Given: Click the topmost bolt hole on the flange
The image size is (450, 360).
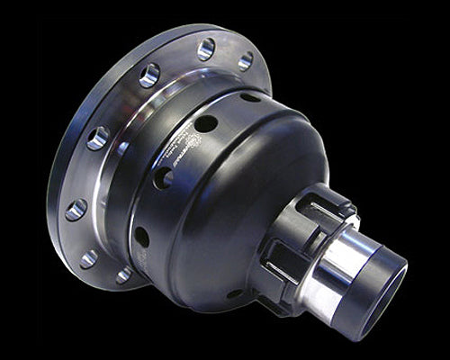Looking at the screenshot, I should click(x=206, y=49).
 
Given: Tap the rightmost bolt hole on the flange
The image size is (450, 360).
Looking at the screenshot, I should click(x=245, y=61).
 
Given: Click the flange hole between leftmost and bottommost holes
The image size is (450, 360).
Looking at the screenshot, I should click(x=88, y=259).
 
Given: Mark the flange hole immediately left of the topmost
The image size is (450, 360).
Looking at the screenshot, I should click(x=149, y=75).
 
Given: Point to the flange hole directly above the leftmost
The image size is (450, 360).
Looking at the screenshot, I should click(x=98, y=138).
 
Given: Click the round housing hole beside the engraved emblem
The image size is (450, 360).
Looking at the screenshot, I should click(x=206, y=123).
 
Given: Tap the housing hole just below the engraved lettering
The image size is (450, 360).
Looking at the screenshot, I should click(x=162, y=177).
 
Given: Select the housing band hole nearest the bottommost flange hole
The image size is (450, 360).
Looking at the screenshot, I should click(x=141, y=237).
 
